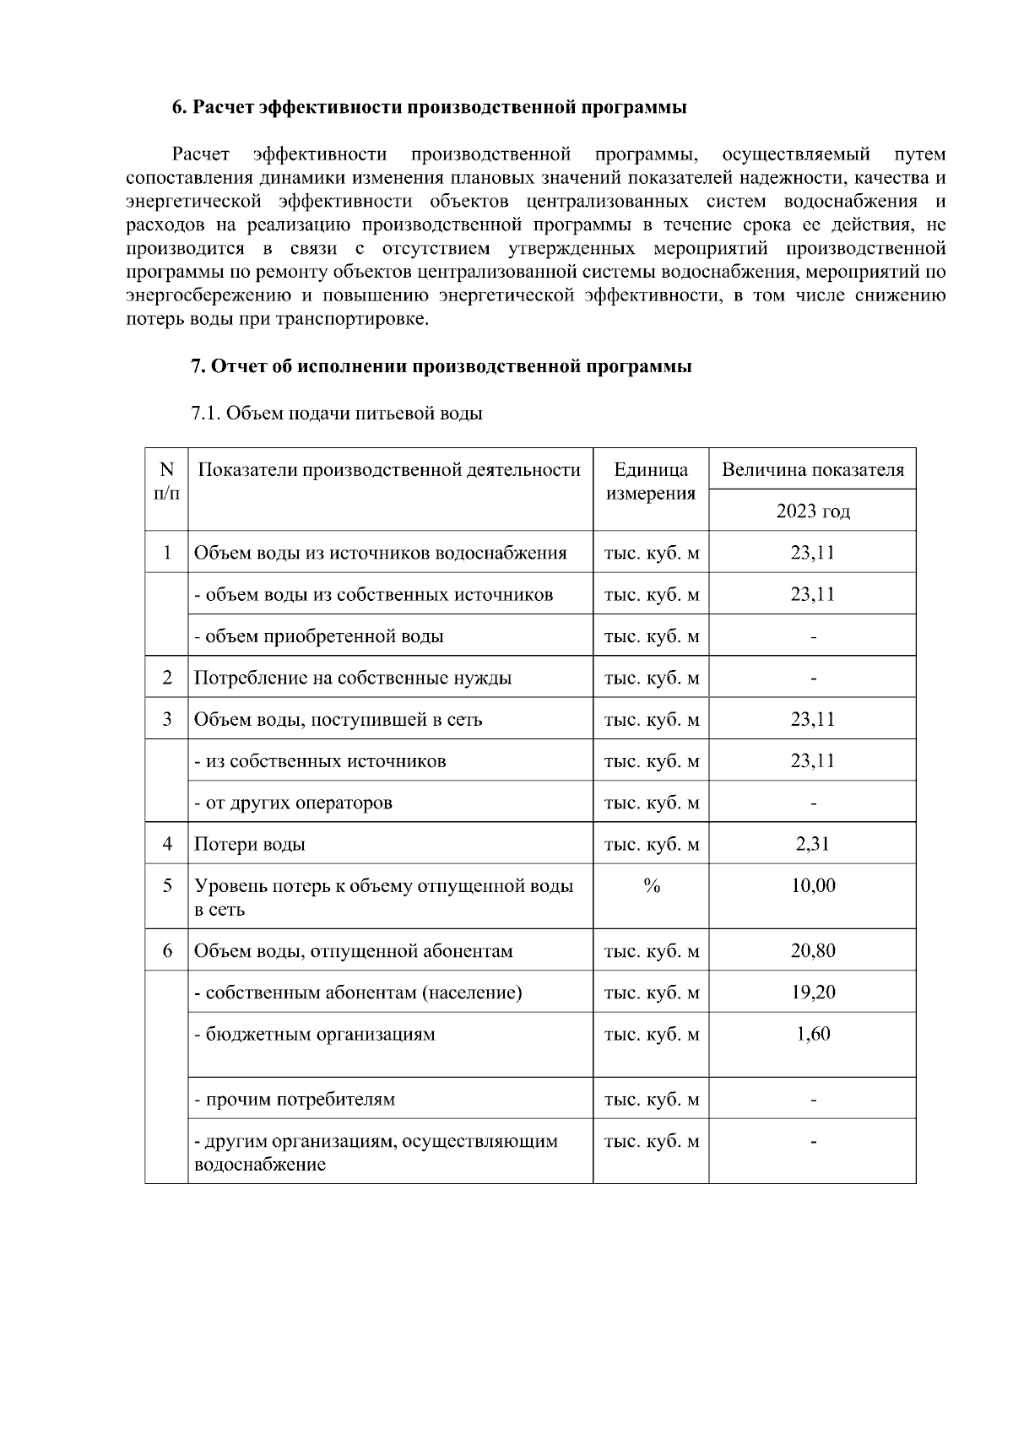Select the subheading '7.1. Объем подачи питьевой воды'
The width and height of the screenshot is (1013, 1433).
(337, 414)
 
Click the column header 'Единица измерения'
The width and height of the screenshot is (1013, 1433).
(650, 482)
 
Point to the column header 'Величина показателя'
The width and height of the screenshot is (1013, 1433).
(812, 470)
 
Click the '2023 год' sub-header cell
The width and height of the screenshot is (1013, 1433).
(812, 511)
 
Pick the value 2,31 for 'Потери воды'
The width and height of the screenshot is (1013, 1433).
(812, 844)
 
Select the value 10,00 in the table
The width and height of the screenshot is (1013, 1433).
(812, 885)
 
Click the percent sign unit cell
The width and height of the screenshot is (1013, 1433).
(651, 885)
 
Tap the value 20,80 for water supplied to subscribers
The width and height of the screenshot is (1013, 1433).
(812, 951)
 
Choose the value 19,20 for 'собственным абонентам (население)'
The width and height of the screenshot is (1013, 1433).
(812, 992)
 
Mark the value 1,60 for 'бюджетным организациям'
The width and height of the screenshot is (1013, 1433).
(812, 1034)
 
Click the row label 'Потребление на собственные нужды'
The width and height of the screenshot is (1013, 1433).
(353, 678)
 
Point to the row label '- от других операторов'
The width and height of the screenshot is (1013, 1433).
(293, 803)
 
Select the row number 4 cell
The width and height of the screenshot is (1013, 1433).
(167, 844)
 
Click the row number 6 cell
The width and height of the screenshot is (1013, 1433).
(167, 951)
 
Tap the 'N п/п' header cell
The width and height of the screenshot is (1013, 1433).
(167, 481)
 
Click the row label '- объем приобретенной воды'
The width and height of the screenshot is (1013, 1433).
(318, 636)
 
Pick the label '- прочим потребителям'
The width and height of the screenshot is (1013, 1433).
(295, 1100)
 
